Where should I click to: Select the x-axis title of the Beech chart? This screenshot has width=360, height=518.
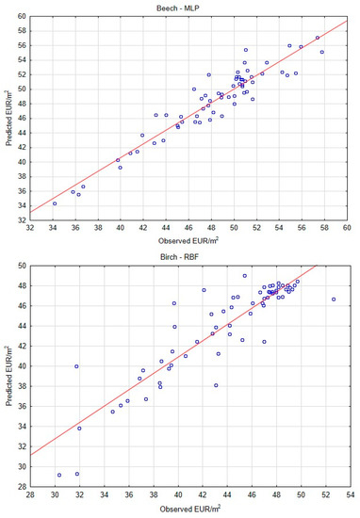(188, 243)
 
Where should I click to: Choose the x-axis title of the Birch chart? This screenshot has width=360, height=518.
(188, 507)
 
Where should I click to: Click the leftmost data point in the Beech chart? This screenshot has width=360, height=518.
(55, 203)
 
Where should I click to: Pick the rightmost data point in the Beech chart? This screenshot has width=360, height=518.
(322, 52)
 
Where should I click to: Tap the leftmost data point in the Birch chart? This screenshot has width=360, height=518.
(59, 476)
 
